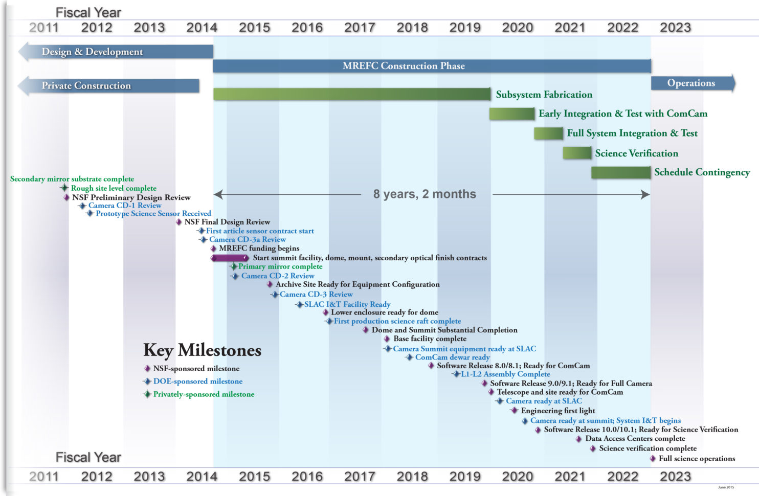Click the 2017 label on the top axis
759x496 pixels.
360,28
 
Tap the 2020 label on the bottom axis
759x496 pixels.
517,477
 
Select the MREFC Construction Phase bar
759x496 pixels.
432,66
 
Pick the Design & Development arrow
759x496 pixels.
116,52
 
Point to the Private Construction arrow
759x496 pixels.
108,86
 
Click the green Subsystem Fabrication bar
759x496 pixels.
352,94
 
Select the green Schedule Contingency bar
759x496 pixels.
621,172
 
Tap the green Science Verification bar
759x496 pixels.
577,153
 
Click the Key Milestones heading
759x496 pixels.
202,350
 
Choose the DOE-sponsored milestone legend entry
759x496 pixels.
197,381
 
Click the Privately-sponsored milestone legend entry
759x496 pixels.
203,394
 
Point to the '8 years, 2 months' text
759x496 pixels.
425,194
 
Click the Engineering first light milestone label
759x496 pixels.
558,411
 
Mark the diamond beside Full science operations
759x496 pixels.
653,459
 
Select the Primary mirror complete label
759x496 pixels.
280,266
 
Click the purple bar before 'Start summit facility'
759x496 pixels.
230,258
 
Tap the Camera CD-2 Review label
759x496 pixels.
278,276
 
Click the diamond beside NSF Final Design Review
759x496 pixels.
178,222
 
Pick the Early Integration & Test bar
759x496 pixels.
511,114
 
